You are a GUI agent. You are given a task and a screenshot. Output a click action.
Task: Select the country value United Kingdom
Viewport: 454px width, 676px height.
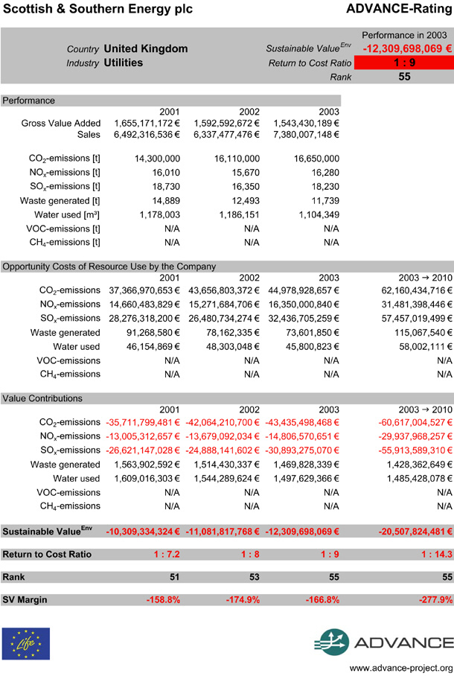point(146,48)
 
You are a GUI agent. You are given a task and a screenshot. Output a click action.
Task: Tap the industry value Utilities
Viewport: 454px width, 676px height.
point(124,63)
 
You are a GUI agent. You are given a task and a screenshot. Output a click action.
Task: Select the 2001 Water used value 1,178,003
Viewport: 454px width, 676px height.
point(156,214)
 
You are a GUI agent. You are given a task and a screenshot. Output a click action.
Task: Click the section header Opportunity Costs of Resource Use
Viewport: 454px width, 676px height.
point(109,266)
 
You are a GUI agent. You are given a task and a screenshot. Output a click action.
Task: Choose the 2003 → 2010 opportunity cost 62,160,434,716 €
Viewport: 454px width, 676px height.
point(411,290)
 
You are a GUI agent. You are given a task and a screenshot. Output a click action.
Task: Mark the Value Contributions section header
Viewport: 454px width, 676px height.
point(42,398)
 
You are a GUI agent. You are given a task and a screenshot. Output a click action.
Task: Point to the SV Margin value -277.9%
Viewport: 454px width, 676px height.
point(432,599)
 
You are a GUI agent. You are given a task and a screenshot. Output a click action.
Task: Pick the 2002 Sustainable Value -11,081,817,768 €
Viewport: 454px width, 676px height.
point(222,532)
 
